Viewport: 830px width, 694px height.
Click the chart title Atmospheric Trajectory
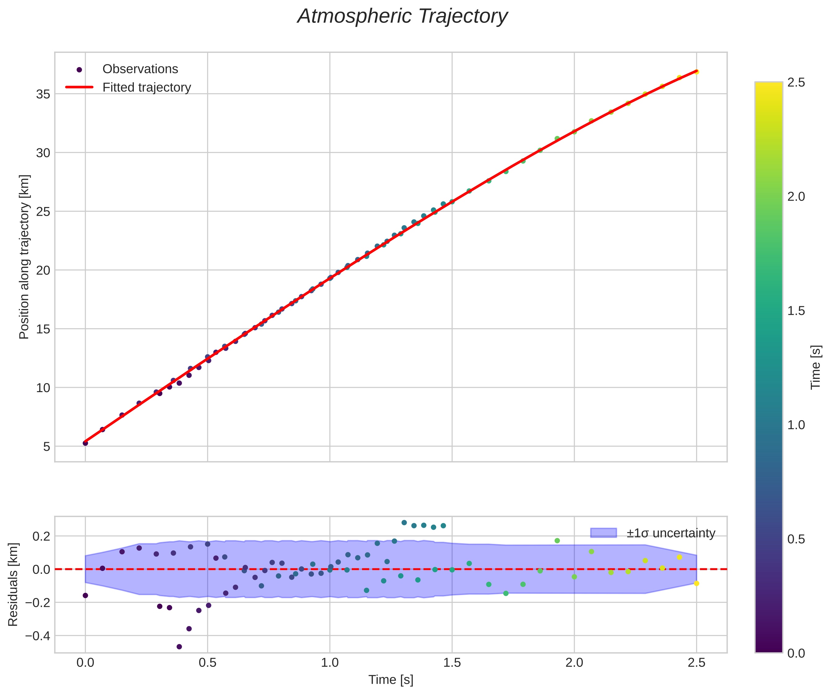click(x=402, y=17)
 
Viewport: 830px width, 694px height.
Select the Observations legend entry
click(x=140, y=69)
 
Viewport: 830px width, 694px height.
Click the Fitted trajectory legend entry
click(x=147, y=87)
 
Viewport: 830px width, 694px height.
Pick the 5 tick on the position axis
click(x=47, y=447)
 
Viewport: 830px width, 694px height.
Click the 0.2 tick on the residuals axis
click(x=41, y=536)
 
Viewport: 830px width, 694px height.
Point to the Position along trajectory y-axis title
click(x=24, y=257)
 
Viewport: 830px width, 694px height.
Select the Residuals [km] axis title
click(x=13, y=585)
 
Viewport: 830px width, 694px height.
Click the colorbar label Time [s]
click(x=816, y=367)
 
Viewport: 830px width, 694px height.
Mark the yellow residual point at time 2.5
click(x=696, y=583)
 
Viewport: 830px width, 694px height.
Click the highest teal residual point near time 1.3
click(x=404, y=523)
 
